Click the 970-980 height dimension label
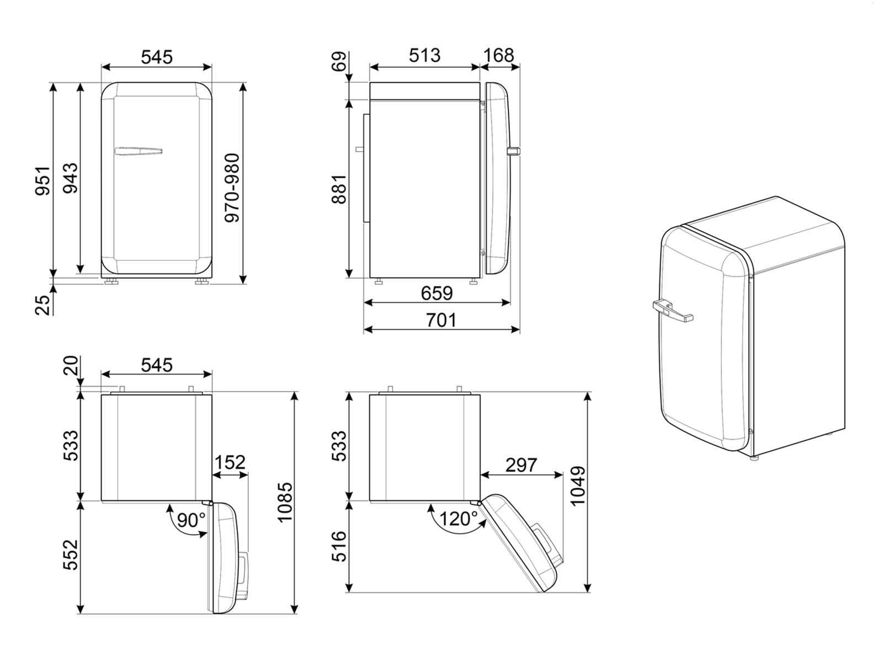coord(233,188)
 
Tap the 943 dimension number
coord(70,178)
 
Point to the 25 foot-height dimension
coord(43,304)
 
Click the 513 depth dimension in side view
coord(424,55)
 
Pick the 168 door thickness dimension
coord(498,55)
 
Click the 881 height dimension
coord(339,189)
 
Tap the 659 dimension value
coord(437,293)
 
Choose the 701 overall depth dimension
coord(441,320)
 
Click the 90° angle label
coord(191,519)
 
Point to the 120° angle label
coord(458,519)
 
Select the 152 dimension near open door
coord(230,462)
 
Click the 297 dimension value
coord(521,465)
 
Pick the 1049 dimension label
coord(578,486)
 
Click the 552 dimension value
coord(71,554)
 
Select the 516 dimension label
coord(339,546)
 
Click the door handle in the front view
coord(138,151)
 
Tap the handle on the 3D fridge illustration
coord(672,311)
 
